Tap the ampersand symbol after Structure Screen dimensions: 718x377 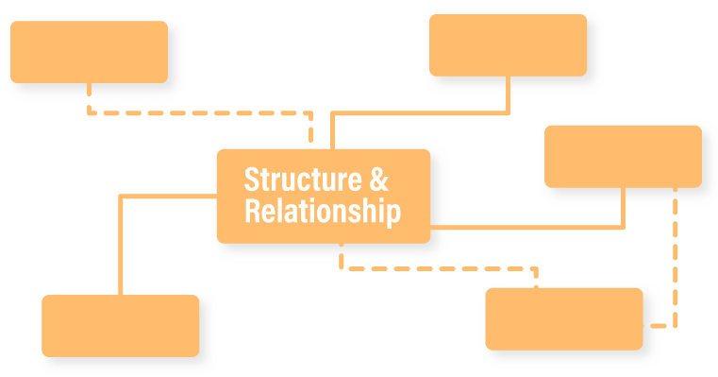pyautogui.click(x=377, y=180)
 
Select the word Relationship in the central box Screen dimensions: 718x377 pyautogui.click(x=322, y=212)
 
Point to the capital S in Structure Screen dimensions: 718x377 pyautogui.click(x=252, y=180)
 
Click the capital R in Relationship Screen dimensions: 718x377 pyautogui.click(x=253, y=212)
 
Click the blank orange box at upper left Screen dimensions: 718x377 pyautogui.click(x=89, y=52)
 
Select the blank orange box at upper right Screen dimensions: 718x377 pyautogui.click(x=508, y=44)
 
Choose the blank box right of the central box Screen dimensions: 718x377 pyautogui.click(x=623, y=156)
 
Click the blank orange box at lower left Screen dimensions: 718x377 pyautogui.click(x=120, y=325)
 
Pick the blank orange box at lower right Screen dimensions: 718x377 pyautogui.click(x=563, y=318)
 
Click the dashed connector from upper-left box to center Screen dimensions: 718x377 pyautogui.click(x=198, y=112)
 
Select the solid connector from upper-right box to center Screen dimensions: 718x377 pyautogui.click(x=420, y=113)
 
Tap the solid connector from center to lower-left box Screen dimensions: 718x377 pyautogui.click(x=121, y=246)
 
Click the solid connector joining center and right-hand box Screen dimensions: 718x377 pyautogui.click(x=528, y=227)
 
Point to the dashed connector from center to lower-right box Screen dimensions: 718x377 pyautogui.click(x=439, y=268)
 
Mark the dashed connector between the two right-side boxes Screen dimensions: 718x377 pyautogui.click(x=676, y=255)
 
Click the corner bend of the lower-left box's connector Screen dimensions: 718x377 pyautogui.click(x=121, y=196)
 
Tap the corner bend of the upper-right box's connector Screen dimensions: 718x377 pyautogui.click(x=509, y=113)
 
